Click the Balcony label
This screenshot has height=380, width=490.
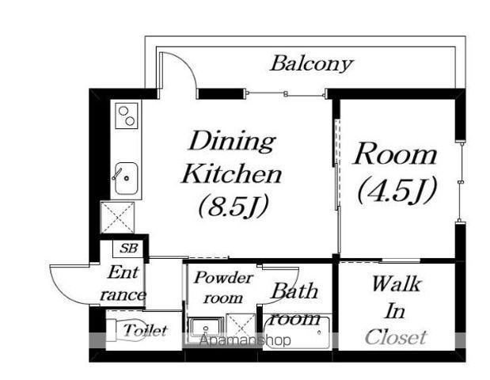point(311,64)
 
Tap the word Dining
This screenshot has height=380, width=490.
point(232,141)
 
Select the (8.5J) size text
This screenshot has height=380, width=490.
point(233,207)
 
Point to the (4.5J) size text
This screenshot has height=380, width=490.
point(397,190)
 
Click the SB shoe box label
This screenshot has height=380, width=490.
point(129,249)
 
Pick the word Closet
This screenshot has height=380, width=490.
point(396,337)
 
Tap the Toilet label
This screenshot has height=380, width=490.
point(145,330)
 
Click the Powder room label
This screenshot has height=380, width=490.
point(223,287)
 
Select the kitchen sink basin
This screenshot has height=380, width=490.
point(126,178)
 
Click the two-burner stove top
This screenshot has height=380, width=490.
point(127,116)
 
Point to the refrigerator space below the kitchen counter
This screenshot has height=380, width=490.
point(118,218)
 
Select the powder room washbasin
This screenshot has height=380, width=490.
point(206,329)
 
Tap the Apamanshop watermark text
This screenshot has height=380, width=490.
point(245,340)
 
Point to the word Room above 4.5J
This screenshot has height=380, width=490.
point(395,154)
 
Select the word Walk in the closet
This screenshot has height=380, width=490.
point(397,284)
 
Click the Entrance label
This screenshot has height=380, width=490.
point(123,283)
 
